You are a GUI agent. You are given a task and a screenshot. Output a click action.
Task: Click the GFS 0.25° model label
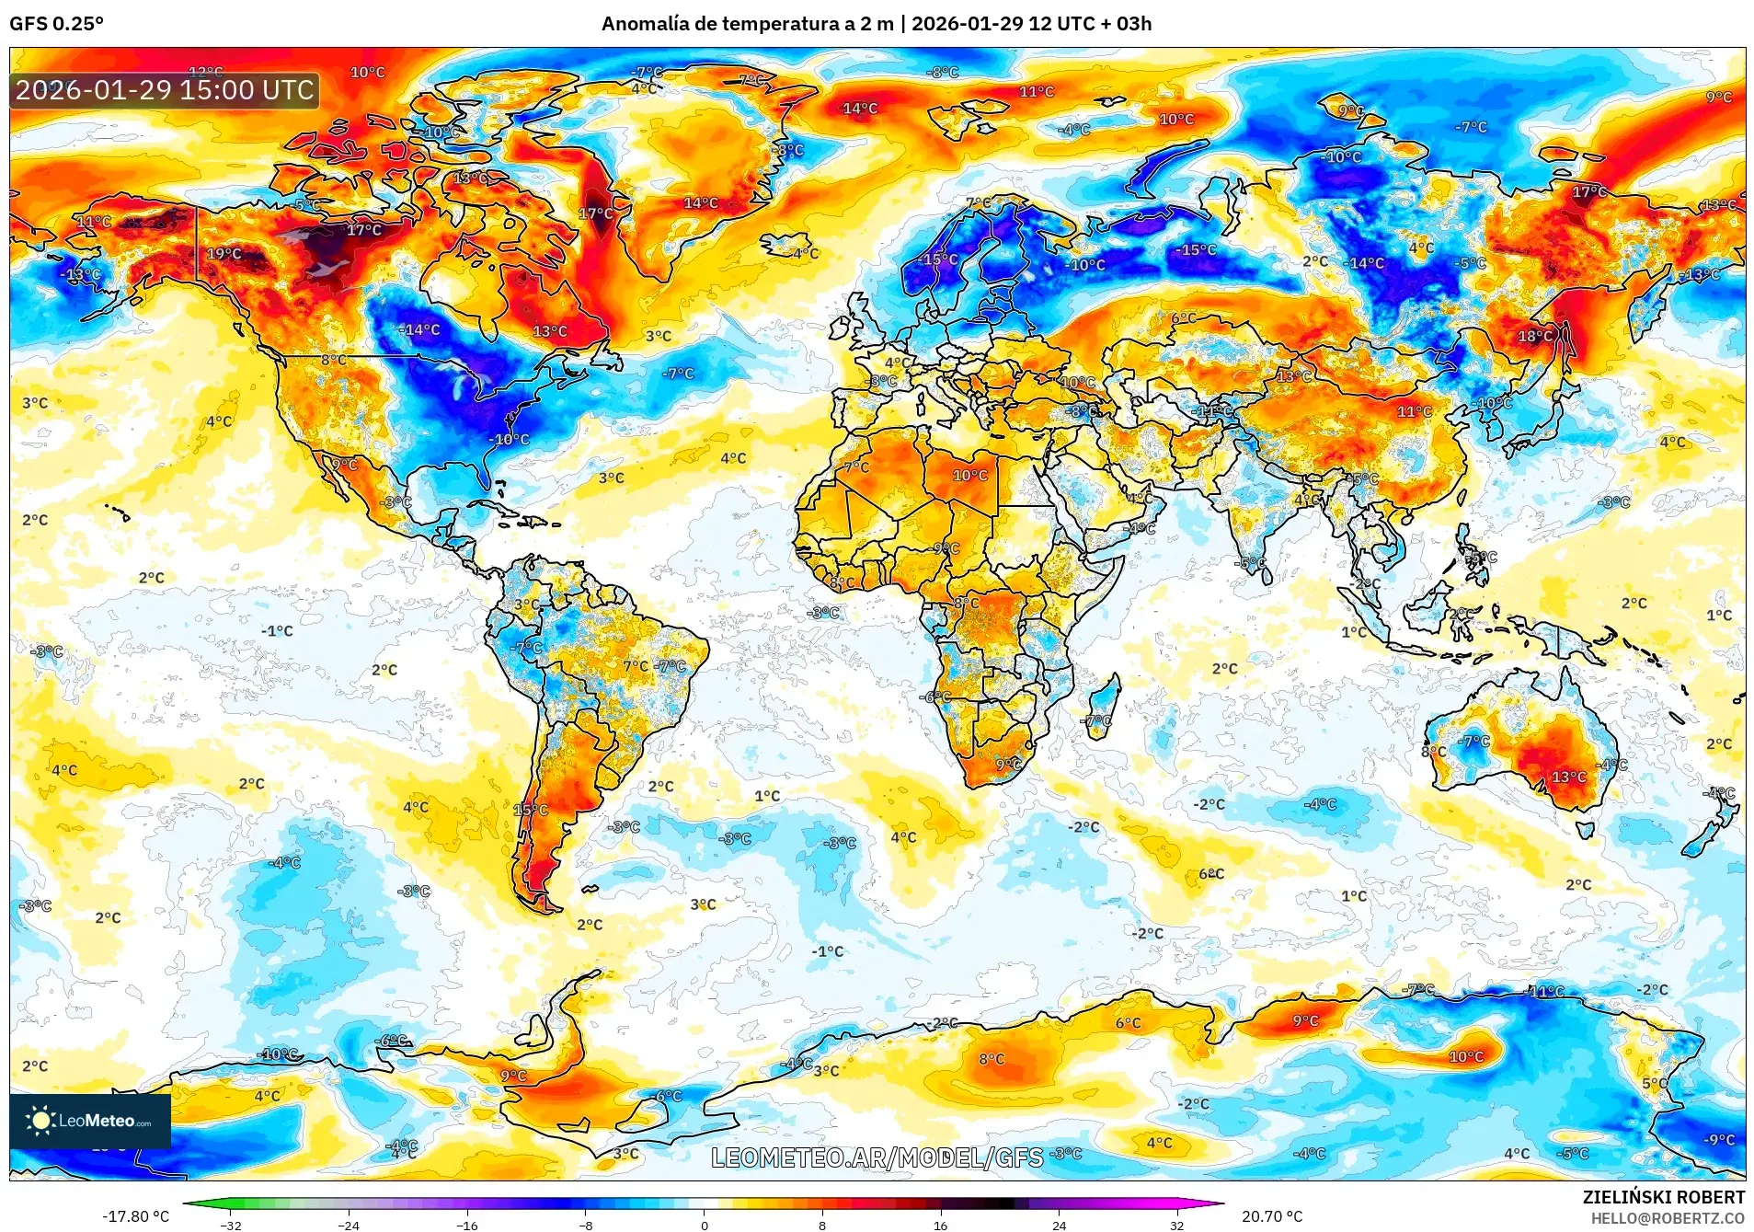[56, 24]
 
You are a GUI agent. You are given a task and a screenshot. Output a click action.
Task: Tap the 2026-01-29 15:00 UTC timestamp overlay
[165, 90]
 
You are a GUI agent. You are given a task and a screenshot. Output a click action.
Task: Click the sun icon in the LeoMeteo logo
[40, 1120]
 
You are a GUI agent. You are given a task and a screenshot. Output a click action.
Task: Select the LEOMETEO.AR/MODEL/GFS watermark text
[877, 1157]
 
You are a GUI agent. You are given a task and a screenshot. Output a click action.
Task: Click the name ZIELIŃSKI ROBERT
[1663, 1197]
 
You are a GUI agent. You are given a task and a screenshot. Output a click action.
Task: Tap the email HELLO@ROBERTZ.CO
[1667, 1218]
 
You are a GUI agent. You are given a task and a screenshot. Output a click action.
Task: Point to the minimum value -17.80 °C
[135, 1216]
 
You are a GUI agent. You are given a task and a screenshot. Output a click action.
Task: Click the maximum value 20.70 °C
[1272, 1216]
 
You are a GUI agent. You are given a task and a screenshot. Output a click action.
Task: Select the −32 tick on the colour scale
[231, 1225]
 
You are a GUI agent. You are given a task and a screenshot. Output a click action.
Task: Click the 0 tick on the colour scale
[705, 1225]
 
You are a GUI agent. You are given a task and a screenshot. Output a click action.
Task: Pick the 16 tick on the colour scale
[940, 1225]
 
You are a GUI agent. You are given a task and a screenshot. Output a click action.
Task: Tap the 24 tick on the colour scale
[1059, 1225]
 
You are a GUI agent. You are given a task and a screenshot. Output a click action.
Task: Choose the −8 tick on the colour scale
[586, 1225]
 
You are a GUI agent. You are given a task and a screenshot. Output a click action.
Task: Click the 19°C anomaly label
[224, 254]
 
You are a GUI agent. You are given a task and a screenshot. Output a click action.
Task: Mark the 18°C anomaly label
[1534, 337]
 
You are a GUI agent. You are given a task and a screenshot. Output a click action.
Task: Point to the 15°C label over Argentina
[531, 811]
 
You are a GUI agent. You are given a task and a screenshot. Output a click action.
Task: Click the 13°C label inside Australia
[1568, 777]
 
